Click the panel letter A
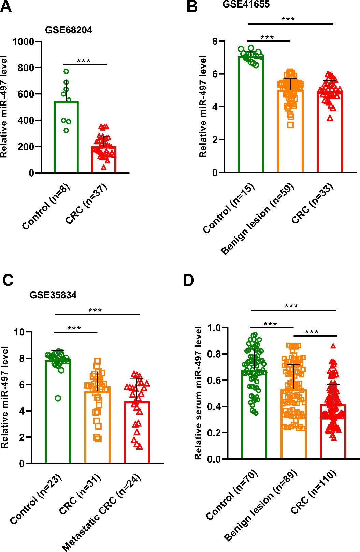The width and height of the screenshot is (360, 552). click(x=6, y=6)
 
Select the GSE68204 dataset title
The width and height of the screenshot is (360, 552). click(x=69, y=30)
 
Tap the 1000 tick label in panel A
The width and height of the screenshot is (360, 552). click(x=23, y=42)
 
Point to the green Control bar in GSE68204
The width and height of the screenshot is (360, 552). click(x=66, y=137)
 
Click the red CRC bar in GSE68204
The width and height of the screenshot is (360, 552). click(x=104, y=160)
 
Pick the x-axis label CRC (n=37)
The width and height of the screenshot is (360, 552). click(x=87, y=204)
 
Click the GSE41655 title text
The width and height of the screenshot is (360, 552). click(x=246, y=4)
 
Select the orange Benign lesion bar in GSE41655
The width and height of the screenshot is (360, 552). click(x=290, y=131)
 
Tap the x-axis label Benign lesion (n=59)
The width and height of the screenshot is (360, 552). click(x=257, y=219)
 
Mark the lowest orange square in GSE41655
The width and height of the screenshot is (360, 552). click(x=291, y=125)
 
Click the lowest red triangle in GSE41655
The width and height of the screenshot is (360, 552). click(x=330, y=119)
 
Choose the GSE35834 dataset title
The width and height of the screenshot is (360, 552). click(x=53, y=295)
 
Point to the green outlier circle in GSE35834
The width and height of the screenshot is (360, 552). click(x=58, y=398)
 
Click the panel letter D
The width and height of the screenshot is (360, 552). click(x=189, y=281)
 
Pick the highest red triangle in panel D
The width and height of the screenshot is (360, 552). click(x=333, y=346)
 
